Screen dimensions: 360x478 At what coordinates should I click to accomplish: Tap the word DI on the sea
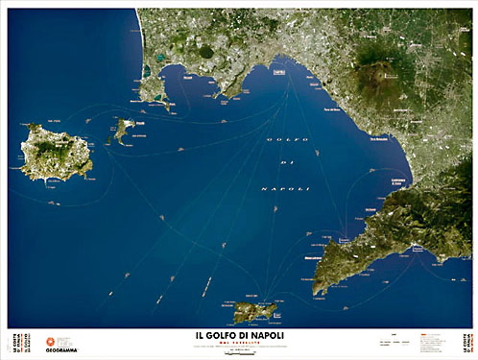pos(285,164)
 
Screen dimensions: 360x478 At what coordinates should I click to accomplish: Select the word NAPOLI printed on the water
pos(285,189)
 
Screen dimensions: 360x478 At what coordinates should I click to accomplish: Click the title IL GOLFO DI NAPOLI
pos(239,335)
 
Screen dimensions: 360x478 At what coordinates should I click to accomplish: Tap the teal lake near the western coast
pos(146,70)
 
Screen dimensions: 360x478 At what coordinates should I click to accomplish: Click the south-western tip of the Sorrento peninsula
pos(318,288)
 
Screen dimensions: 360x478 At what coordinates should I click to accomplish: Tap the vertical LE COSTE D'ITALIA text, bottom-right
pos(467,344)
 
